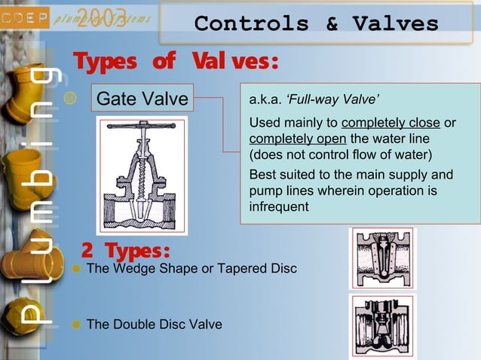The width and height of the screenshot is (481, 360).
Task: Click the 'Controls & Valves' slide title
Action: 316,23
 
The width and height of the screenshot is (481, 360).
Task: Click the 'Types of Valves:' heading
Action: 176,62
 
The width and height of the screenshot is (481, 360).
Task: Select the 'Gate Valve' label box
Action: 143,98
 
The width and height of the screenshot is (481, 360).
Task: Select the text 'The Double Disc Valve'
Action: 155,325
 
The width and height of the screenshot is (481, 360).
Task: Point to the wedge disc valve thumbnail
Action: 382,258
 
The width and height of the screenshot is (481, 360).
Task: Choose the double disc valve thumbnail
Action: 382,325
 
